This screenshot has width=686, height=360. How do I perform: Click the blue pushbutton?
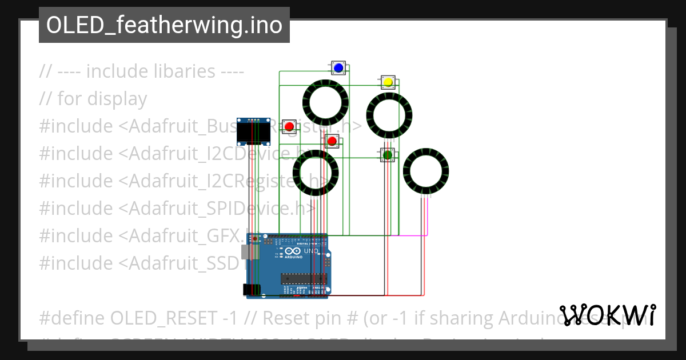point(338,68)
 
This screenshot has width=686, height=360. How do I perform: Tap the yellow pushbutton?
point(388,82)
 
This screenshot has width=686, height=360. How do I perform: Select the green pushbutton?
point(388,154)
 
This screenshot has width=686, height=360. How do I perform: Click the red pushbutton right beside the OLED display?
point(289,126)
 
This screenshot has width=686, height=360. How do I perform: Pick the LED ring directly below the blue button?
point(325,102)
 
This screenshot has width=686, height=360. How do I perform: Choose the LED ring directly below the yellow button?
point(389,115)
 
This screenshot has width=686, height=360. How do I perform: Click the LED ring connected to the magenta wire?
point(426,171)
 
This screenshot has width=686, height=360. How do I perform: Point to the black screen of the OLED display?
point(253,134)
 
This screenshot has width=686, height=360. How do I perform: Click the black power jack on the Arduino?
point(250,289)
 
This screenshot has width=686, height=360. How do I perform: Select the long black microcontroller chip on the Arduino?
point(304,278)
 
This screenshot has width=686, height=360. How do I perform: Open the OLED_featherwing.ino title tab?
point(164,25)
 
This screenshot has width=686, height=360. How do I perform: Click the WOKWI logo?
point(607,315)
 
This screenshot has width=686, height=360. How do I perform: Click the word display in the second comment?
point(117,99)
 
